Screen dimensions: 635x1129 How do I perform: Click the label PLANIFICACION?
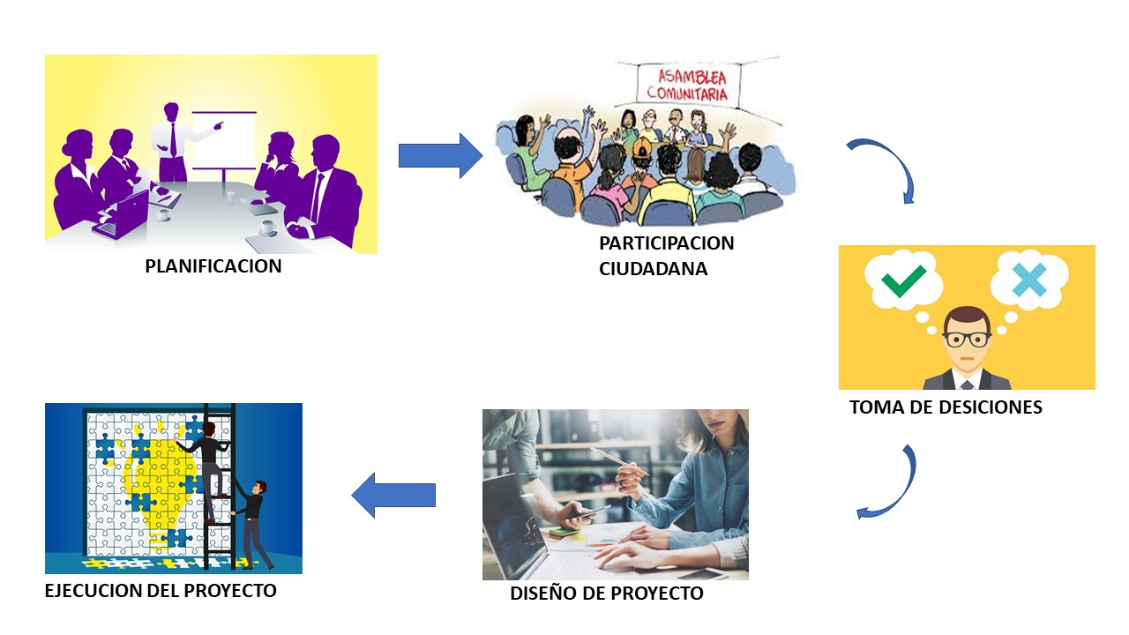point(213,266)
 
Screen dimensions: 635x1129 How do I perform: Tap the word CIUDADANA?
point(653,268)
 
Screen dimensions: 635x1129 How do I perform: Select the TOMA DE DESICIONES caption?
point(946,407)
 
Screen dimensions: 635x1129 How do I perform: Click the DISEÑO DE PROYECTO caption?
point(607,594)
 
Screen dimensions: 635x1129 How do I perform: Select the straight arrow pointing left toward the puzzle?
point(393,496)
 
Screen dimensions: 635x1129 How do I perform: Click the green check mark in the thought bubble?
point(903,280)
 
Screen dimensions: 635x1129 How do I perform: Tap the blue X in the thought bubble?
point(1029,280)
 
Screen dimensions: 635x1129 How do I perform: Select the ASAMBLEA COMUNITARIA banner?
point(688,81)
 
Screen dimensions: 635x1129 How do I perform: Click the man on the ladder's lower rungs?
point(250,520)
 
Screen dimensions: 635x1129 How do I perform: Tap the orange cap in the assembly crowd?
point(642,146)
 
